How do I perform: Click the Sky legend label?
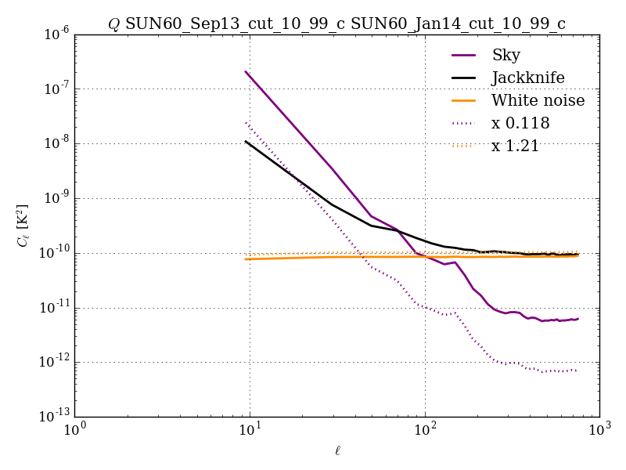[x=505, y=55]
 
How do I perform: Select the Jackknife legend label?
[x=527, y=78]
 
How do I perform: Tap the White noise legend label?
[x=538, y=100]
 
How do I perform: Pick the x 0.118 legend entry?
[x=520, y=123]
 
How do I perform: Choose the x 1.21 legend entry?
[x=515, y=146]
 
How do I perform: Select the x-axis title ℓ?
[x=337, y=451]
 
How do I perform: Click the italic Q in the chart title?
[x=114, y=23]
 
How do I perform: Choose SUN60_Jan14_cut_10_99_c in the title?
[x=458, y=23]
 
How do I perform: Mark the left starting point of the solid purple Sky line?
[x=246, y=72]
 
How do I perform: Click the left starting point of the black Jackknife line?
[x=246, y=142]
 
